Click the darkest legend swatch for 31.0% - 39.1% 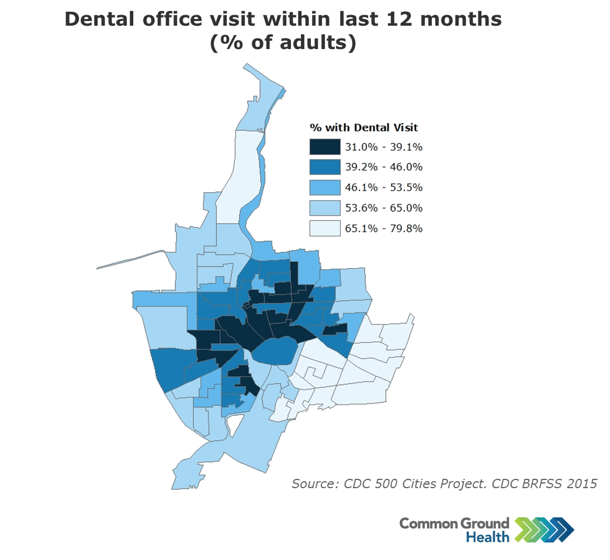324,147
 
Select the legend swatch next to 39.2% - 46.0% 324,167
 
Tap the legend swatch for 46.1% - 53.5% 324,187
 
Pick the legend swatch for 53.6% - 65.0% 324,208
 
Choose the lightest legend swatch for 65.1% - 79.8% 324,228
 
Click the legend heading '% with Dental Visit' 363,127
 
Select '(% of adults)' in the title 283,44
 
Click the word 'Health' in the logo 487,537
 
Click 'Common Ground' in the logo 454,523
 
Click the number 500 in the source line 390,484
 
